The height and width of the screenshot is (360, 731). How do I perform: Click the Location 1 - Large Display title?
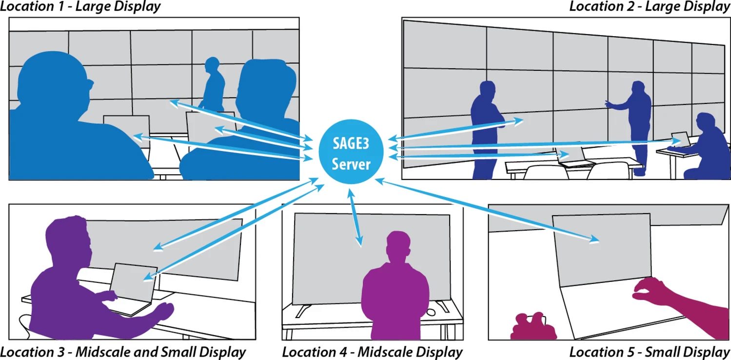(80, 7)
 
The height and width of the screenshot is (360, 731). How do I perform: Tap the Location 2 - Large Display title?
(650, 7)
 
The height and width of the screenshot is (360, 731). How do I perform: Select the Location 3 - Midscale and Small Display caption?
(123, 352)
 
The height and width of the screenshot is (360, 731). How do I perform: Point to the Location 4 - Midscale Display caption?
(372, 352)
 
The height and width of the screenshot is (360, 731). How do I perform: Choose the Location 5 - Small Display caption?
(650, 352)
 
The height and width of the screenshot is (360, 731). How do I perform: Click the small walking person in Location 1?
(213, 85)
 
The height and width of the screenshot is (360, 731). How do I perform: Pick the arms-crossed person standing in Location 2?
(484, 127)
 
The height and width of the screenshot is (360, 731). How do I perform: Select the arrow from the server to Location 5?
(488, 210)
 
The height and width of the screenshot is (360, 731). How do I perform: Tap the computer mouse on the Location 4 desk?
(431, 312)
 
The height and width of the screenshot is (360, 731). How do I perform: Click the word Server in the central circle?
(351, 164)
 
